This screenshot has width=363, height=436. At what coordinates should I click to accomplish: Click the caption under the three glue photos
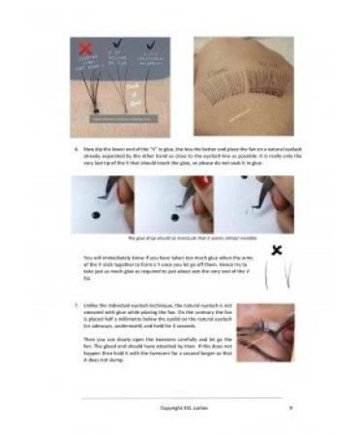click(181, 238)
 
